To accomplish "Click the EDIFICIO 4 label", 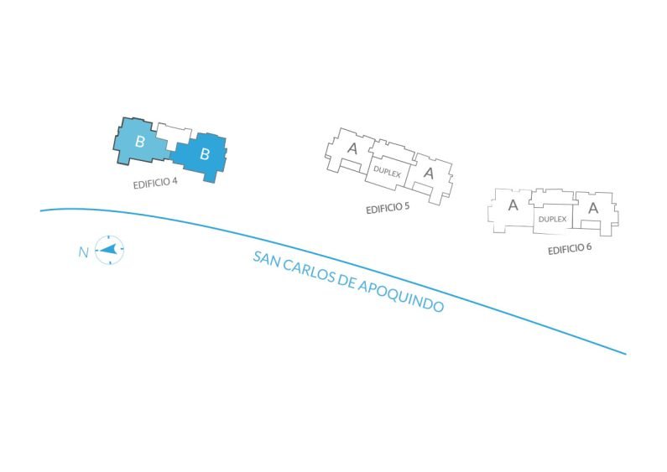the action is click(x=155, y=184).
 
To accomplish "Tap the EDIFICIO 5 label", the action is click(x=388, y=208).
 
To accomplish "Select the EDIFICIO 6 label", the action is click(x=569, y=248).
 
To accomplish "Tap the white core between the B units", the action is click(x=172, y=134).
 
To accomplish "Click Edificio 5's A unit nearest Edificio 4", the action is click(x=350, y=150).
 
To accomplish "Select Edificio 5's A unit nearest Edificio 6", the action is click(x=430, y=176).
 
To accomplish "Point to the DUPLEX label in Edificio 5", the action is click(x=387, y=172).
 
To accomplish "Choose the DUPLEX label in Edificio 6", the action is click(x=552, y=219).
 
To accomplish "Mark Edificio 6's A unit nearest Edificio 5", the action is click(x=511, y=210).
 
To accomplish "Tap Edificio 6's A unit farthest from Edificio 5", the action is click(x=595, y=212).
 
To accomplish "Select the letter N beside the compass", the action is click(x=83, y=252).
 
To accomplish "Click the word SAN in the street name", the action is click(x=266, y=260).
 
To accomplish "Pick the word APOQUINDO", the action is click(x=401, y=297).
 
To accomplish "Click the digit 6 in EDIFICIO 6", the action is click(x=588, y=246).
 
